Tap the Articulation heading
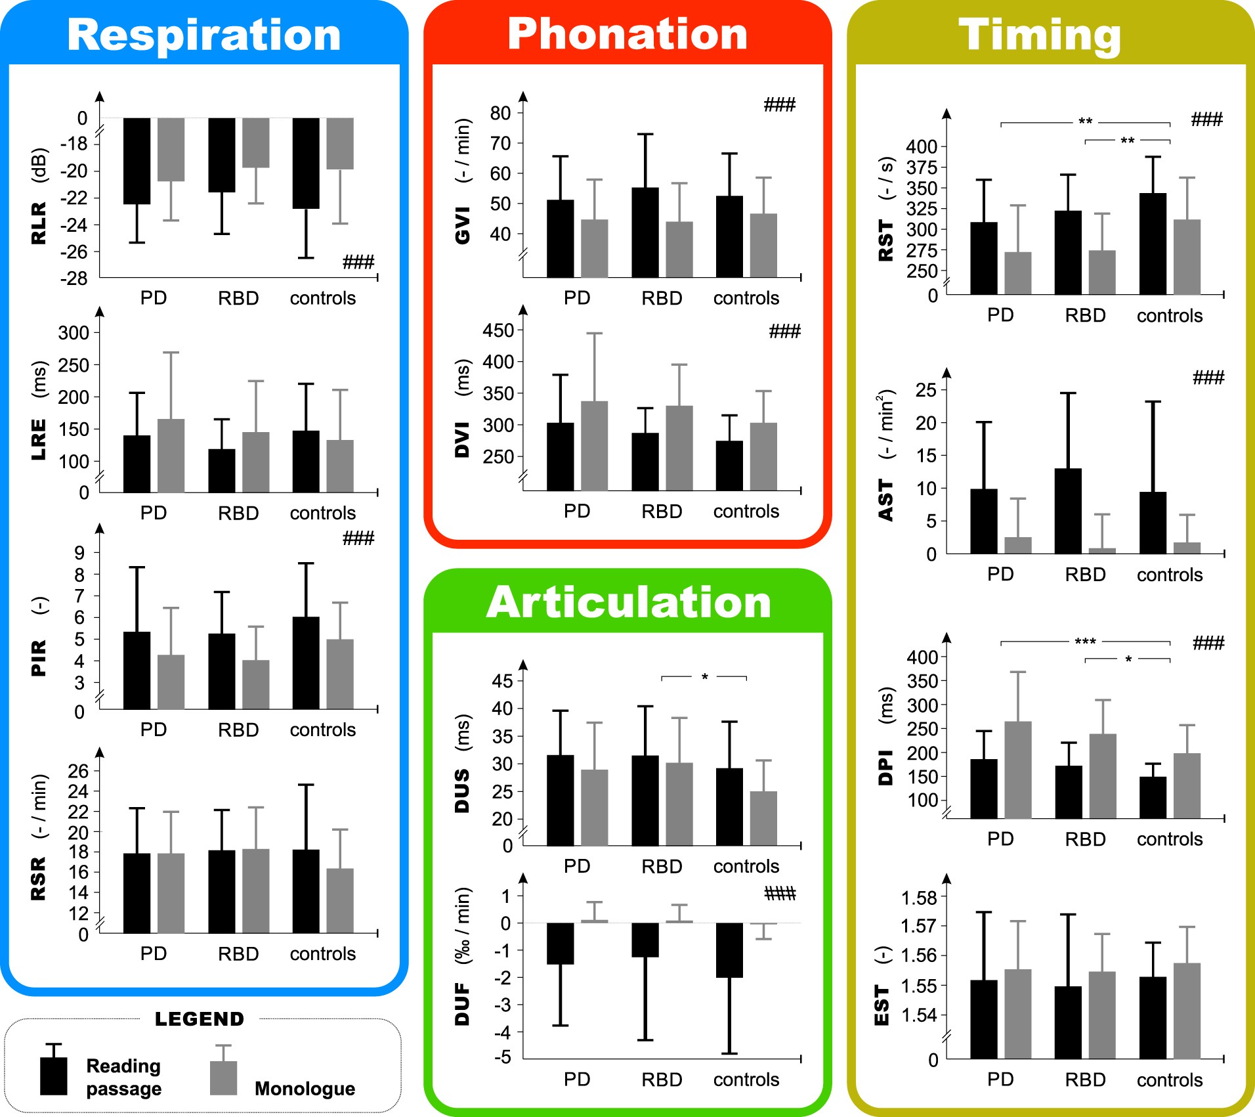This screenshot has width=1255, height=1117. coord(628,602)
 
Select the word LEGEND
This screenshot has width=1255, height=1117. coord(200,1018)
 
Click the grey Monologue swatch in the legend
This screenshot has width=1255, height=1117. coord(223,1078)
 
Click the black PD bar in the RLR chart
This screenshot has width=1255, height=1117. coord(137,161)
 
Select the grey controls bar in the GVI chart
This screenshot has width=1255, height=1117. coord(763,245)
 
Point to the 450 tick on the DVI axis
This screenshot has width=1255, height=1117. coord(498,330)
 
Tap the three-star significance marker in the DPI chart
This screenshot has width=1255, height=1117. coord(1085,642)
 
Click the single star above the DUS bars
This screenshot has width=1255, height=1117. coord(704,677)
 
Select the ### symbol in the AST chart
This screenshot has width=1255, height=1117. coord(1208,378)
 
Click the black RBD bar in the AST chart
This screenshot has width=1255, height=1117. coord(1068,511)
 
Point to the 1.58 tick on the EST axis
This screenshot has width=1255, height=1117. coord(919,898)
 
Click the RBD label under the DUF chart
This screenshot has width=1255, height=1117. coord(662,1080)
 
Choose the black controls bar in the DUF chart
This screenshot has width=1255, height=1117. coord(729,950)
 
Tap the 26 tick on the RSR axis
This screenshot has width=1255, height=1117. coord(78,771)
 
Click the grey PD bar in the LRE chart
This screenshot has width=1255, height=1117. coord(171,455)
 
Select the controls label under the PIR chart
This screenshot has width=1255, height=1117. coord(322,730)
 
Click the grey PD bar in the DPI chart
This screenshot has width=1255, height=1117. coord(1017,770)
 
